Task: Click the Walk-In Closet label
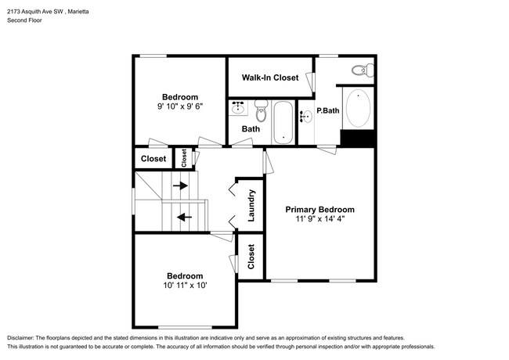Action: coord(269,77)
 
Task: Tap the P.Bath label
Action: coord(327,110)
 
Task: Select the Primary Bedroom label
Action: coord(319,210)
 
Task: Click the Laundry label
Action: coord(251,205)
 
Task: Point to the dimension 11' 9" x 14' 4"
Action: coord(319,221)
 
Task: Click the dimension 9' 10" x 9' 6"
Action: coord(179,107)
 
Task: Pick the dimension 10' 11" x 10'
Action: coord(185,286)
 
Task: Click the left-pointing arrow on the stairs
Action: coord(185,217)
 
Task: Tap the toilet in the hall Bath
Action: coord(263,113)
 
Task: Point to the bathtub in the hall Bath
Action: coord(283,122)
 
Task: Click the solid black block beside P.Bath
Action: coord(357,138)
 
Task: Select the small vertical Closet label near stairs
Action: coord(184,158)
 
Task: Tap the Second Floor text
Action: coord(25,20)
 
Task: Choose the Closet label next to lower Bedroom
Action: coord(251,257)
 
